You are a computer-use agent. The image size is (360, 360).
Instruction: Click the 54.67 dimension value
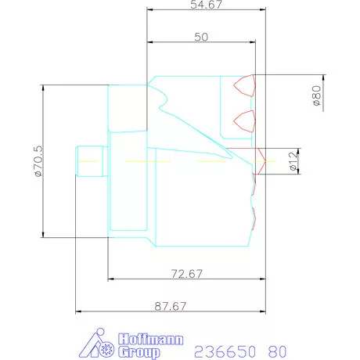[x=206, y=5]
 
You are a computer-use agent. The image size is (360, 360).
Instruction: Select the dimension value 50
[x=201, y=37]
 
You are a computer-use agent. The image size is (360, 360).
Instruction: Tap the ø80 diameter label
[x=317, y=95]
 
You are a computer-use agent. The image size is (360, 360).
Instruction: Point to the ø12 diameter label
[x=293, y=161]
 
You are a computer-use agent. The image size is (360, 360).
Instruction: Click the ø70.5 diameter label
[x=38, y=161]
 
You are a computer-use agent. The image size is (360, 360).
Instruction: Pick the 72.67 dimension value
[x=187, y=274]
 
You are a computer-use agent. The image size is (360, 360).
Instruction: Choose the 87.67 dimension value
[x=171, y=306]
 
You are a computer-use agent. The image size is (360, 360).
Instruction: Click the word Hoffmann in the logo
[x=150, y=340]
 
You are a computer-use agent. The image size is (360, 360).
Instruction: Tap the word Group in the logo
[x=139, y=352]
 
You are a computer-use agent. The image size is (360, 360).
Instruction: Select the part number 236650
[x=225, y=351]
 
